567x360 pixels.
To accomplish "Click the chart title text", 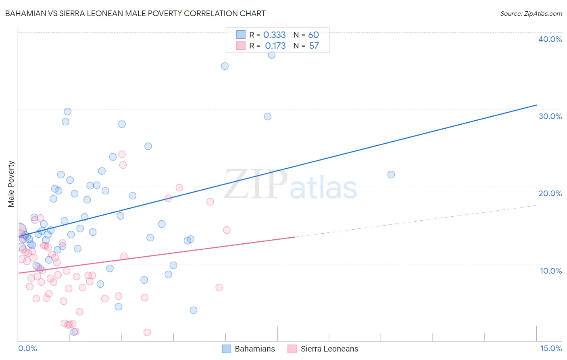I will click(x=135, y=13).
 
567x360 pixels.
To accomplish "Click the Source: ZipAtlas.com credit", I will click(x=531, y=13).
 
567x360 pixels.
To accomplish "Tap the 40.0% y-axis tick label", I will click(x=550, y=39).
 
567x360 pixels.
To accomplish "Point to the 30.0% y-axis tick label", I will click(x=550, y=116).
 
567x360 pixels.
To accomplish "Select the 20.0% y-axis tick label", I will click(x=550, y=193).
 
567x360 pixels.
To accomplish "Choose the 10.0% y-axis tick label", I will click(x=551, y=271).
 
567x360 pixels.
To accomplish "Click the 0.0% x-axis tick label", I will click(x=27, y=349).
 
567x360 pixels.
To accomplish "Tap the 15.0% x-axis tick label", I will click(x=551, y=349).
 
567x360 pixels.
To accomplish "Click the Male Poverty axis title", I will click(x=11, y=184).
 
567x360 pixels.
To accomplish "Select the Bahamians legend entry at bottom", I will click(x=249, y=349).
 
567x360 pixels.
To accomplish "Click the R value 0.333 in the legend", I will click(x=274, y=35).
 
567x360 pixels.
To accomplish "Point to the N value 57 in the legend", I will click(x=314, y=46).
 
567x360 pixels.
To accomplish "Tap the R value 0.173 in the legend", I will click(x=275, y=46).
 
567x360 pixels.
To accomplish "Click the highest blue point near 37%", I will click(x=272, y=55).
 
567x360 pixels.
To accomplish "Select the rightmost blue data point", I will click(x=391, y=175).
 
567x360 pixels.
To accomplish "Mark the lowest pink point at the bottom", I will click(x=147, y=333).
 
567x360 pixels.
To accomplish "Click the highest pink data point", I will click(x=122, y=155).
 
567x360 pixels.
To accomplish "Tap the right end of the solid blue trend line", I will click(x=536, y=105).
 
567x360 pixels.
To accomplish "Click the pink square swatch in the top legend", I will click(x=241, y=46).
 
